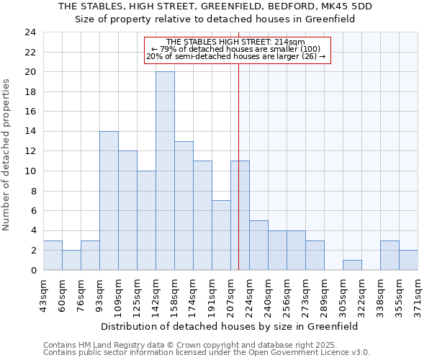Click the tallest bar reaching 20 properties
click(x=165, y=171)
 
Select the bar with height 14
click(x=109, y=201)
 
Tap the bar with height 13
click(x=184, y=206)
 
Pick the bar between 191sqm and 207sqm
click(x=221, y=235)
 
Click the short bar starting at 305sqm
click(x=352, y=265)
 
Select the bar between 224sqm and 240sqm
click(x=258, y=246)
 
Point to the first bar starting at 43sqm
click(x=53, y=256)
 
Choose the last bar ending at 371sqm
click(x=408, y=260)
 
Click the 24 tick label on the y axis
click(x=30, y=32)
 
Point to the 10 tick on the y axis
click(x=30, y=171)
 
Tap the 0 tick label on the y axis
click(x=32, y=271)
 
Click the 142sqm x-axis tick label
click(x=156, y=296)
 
